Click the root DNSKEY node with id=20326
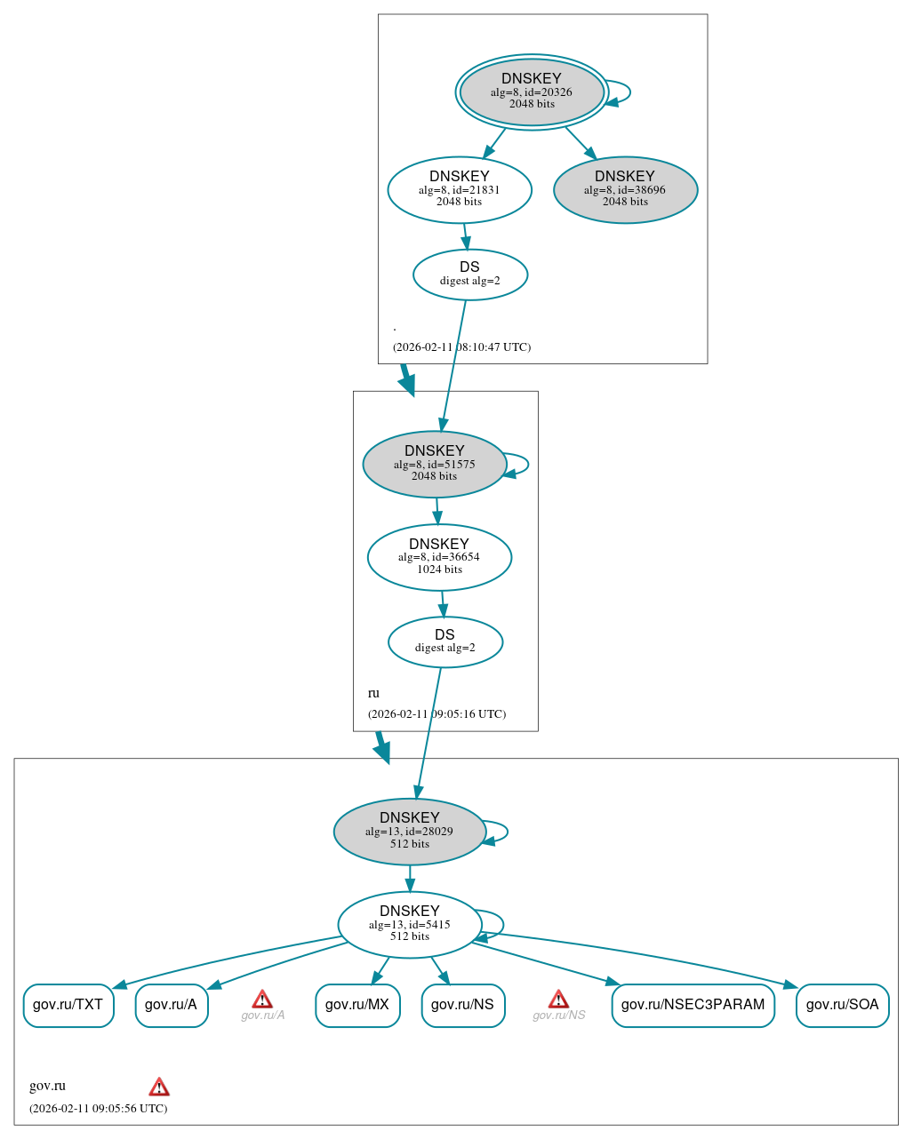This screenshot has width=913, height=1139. (532, 92)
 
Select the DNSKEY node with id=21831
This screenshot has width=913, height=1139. (460, 189)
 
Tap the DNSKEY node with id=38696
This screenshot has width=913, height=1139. (625, 189)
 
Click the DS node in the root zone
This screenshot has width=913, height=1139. (470, 275)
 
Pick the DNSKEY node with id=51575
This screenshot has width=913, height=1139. (435, 464)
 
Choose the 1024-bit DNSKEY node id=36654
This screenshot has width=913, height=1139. (439, 557)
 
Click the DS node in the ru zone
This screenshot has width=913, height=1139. (445, 641)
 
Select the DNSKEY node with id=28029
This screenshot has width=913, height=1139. (410, 831)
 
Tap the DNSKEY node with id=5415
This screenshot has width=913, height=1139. (410, 924)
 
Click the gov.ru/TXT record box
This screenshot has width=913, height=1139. (68, 1005)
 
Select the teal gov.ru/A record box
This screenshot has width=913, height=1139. (172, 1005)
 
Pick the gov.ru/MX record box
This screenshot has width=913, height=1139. (357, 1005)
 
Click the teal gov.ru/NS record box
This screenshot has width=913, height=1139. (463, 1005)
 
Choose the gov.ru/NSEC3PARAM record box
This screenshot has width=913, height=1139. (693, 1005)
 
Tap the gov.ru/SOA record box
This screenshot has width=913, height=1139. (842, 1005)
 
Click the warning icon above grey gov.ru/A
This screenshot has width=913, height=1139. (262, 1000)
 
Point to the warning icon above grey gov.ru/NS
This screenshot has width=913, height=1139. (558, 1000)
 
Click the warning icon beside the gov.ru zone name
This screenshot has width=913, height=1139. (159, 1087)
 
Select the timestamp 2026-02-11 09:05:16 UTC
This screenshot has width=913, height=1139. (436, 713)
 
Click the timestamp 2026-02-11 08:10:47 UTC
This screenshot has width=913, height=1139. (461, 346)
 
